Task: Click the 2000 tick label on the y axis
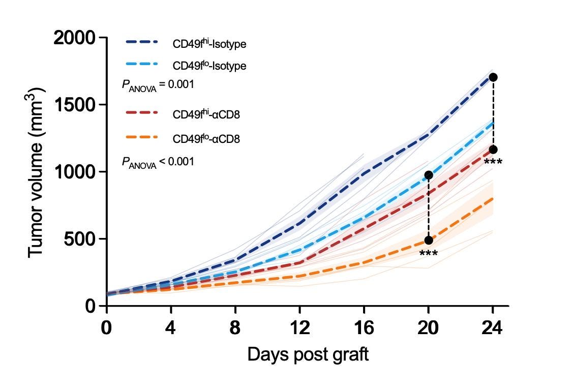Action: click(x=74, y=38)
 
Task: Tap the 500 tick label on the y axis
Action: click(x=80, y=240)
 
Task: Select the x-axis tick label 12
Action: click(x=299, y=328)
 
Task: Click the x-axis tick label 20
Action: click(x=428, y=328)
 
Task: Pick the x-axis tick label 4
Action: click(x=171, y=328)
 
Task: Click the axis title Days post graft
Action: click(x=308, y=354)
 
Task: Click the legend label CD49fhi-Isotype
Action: click(x=209, y=43)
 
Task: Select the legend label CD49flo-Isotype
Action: click(x=209, y=65)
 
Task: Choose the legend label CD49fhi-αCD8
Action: click(x=206, y=114)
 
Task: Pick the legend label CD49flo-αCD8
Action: click(x=206, y=139)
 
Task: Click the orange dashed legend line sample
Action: click(x=142, y=137)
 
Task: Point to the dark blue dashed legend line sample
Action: click(x=142, y=42)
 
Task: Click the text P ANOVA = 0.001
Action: click(x=158, y=85)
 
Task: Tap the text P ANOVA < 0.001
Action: click(x=158, y=162)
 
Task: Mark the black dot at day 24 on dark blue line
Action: click(x=493, y=77)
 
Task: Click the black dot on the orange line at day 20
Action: click(x=429, y=240)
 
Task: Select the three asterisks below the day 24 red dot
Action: click(x=493, y=162)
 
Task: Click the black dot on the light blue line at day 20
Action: click(x=429, y=175)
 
